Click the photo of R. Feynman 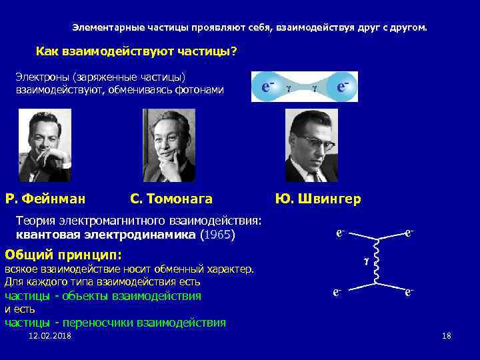coord(45,145)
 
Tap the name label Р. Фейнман coord(45,198)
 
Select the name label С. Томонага coord(171,198)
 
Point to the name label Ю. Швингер coord(318,198)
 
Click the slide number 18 coord(446,335)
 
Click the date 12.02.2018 coord(50,335)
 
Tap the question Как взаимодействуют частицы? coord(137,51)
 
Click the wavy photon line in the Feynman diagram coord(377,261)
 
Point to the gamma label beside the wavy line coord(365,262)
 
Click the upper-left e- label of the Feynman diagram coord(340,234)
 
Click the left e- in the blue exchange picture coord(269,87)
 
